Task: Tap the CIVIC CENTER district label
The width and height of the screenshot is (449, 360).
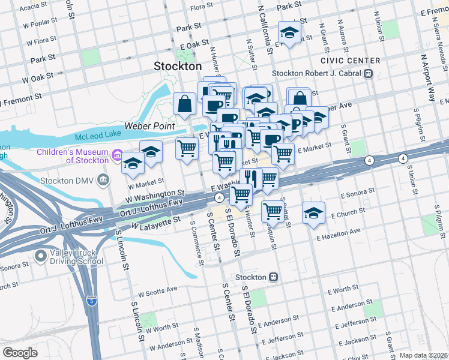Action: [x=350, y=61]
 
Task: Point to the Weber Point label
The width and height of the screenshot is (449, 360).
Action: [x=149, y=127]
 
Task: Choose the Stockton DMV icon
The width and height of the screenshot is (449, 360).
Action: [x=103, y=179]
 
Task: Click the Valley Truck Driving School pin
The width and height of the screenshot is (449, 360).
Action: [x=41, y=257]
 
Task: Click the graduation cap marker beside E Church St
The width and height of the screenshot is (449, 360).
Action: [x=313, y=214]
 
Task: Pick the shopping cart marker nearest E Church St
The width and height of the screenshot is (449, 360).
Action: [x=273, y=211]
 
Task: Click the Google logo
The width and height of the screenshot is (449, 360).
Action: [x=20, y=352]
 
